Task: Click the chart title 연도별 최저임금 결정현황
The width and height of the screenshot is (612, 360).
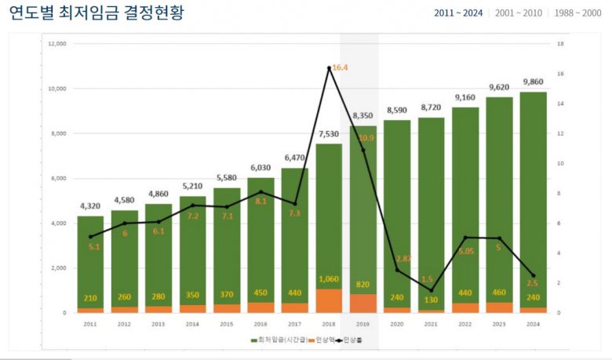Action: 97,13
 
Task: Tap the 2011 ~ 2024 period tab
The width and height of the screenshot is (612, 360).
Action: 458,13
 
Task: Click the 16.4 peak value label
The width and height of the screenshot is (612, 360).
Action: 340,68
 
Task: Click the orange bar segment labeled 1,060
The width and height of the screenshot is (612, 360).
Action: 329,300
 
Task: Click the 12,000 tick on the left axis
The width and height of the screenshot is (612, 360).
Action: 56,44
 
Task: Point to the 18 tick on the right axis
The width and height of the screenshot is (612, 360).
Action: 560,44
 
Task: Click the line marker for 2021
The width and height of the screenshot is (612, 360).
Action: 431,290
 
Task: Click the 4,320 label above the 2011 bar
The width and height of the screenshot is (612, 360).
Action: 90,206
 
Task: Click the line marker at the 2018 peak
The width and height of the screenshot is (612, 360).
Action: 329,68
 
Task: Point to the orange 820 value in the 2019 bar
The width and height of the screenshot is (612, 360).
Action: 362,285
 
